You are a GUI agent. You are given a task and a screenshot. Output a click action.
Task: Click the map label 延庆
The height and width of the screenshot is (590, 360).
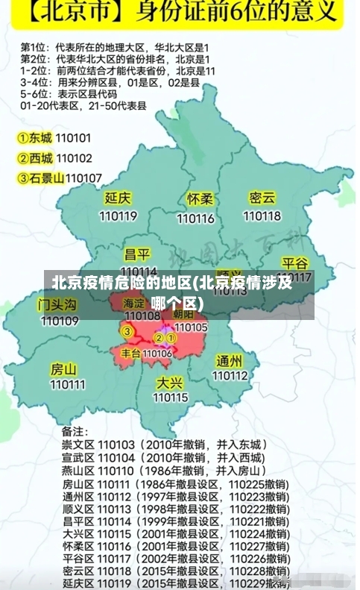tap(118, 198)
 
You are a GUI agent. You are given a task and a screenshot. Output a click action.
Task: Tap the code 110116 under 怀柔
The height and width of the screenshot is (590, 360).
tap(195, 219)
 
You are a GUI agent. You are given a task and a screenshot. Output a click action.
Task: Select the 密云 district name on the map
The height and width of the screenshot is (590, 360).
tap(262, 198)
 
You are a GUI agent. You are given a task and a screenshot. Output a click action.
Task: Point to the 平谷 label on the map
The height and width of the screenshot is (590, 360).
tap(295, 263)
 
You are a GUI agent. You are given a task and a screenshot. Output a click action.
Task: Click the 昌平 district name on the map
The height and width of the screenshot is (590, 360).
tap(137, 254)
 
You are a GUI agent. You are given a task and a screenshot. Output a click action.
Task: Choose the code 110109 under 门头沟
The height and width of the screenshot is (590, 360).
tap(60, 321)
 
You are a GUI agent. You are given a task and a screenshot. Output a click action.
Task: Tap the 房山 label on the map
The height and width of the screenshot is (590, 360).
tap(63, 369)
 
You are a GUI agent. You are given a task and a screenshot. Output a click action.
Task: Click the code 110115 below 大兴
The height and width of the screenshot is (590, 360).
tap(170, 398)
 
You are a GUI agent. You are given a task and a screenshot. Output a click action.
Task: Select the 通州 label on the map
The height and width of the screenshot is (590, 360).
tap(230, 361)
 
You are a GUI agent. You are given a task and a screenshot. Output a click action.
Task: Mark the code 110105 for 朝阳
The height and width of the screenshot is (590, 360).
tap(191, 327)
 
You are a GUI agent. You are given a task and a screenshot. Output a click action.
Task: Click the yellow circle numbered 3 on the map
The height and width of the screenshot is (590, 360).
tap(128, 331)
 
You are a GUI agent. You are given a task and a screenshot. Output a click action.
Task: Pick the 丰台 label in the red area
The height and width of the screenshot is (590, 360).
tap(130, 353)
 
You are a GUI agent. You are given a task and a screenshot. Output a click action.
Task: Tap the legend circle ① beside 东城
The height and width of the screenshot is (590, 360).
tap(24, 138)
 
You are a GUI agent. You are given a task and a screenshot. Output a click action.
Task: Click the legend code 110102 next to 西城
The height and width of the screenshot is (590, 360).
tap(74, 158)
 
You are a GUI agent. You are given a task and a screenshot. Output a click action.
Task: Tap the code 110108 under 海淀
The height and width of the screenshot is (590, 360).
tap(142, 316)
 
